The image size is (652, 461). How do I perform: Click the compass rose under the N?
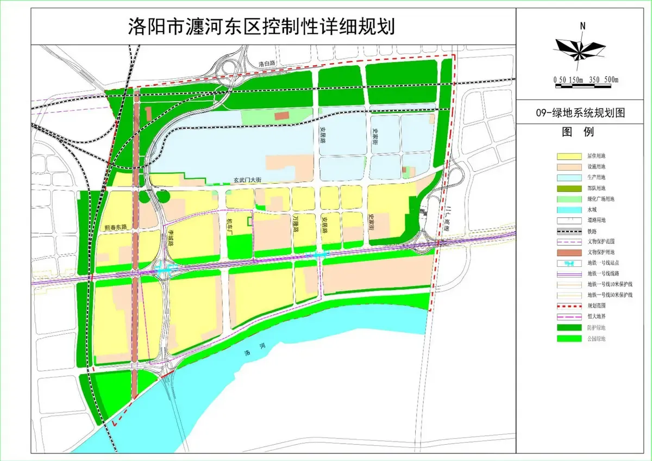coord(580,47)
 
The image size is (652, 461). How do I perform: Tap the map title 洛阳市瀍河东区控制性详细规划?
coord(261,25)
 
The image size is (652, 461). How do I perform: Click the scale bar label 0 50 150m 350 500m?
coord(586,80)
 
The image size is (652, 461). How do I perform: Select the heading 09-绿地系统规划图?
coord(580,113)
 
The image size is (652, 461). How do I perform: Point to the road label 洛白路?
coord(267,64)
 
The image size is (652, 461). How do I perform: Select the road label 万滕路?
coord(296,223)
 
